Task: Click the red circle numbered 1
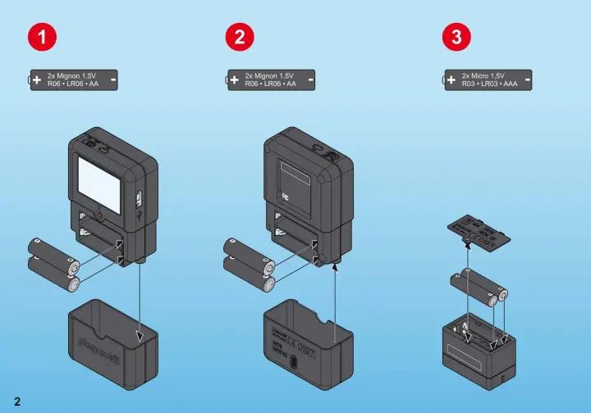(x=43, y=37)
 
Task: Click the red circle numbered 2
(x=240, y=37)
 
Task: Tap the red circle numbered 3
(x=456, y=37)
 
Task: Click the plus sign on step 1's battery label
(x=37, y=79)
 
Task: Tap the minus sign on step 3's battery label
(x=526, y=79)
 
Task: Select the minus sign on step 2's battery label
(x=309, y=79)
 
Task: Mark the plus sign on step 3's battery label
(x=451, y=79)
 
